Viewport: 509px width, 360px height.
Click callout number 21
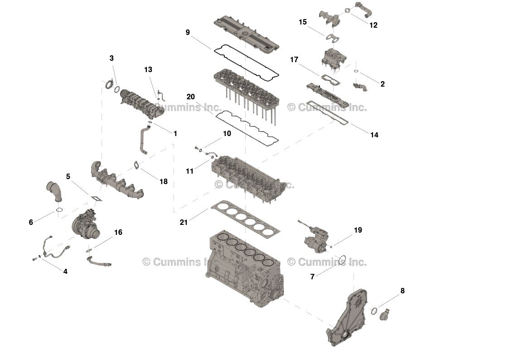pyautogui.click(x=184, y=222)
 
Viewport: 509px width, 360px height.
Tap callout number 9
pyautogui.click(x=188, y=32)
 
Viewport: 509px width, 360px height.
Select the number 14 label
pyautogui.click(x=374, y=135)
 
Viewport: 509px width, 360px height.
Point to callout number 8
pyautogui.click(x=402, y=291)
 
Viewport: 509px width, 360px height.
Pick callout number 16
pyautogui.click(x=118, y=233)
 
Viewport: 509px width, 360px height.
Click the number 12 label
pyautogui.click(x=373, y=25)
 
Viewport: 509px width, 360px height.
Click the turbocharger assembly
pyautogui.click(x=86, y=224)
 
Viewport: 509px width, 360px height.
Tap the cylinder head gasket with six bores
pyautogui.click(x=245, y=218)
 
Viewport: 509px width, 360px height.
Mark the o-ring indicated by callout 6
pyautogui.click(x=59, y=210)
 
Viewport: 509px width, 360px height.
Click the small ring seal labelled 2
pyautogui.click(x=357, y=71)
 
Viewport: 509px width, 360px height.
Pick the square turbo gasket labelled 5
pyautogui.click(x=96, y=198)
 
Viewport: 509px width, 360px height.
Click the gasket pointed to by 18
pyautogui.click(x=136, y=165)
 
